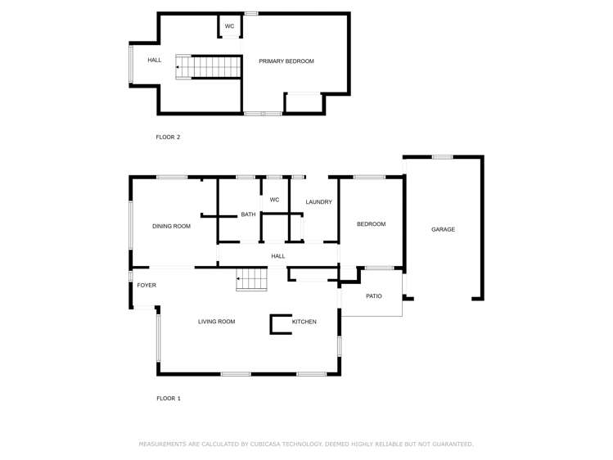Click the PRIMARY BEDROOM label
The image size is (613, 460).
coord(286,61)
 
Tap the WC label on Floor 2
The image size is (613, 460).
coord(230,26)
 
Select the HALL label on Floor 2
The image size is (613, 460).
coord(155,61)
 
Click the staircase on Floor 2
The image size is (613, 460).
coord(209,67)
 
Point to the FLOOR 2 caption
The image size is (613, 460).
coord(168,138)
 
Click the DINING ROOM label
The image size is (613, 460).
coord(171,226)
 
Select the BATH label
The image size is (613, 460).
coord(248,215)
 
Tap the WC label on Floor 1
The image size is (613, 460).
coord(274,200)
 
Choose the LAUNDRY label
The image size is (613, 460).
coord(318,202)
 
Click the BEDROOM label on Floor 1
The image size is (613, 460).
coord(371,224)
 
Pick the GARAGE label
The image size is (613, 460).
coord(443,230)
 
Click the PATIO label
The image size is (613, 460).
coord(373,296)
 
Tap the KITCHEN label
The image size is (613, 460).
coord(304,322)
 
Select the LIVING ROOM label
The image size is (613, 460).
coord(216,322)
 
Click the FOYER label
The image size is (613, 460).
coord(146,286)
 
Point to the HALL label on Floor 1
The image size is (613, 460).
coord(278,256)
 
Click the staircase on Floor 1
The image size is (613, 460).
coord(252,281)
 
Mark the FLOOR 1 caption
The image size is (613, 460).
coord(169,399)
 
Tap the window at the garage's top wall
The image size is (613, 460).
coord(442,157)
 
